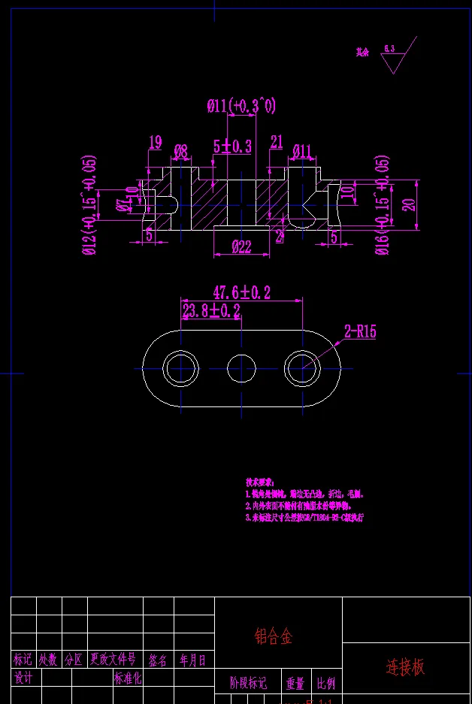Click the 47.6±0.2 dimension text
242,292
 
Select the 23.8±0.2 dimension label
211,311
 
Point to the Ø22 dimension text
241,246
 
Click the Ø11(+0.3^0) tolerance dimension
241,107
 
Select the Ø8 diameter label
180,151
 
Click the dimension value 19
156,142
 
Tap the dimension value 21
277,142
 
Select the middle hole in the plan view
241,367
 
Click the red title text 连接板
406,666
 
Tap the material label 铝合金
273,637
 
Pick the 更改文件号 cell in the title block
113,660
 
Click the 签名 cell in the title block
158,660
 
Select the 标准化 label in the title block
128,678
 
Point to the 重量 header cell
295,684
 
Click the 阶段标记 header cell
248,684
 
